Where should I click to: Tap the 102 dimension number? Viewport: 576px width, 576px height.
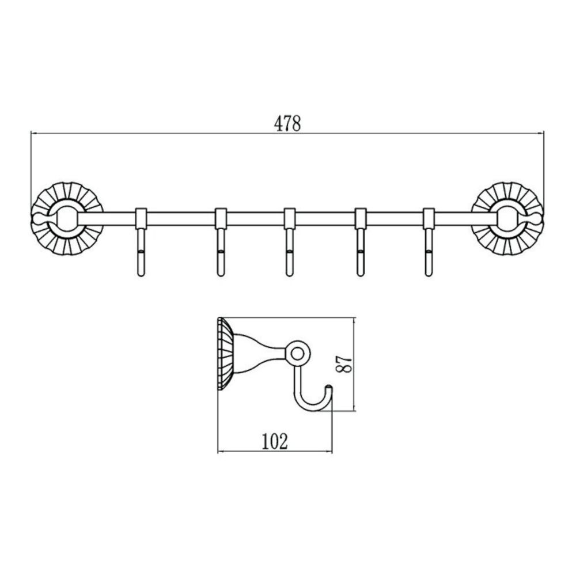(274, 441)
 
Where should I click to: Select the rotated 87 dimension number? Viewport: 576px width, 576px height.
(344, 364)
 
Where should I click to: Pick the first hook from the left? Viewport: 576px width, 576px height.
(141, 242)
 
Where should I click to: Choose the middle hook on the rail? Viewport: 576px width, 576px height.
(290, 242)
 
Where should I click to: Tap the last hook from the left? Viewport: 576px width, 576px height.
(429, 242)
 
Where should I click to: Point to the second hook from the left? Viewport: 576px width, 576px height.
(221, 242)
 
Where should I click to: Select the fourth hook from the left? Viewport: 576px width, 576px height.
(361, 242)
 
